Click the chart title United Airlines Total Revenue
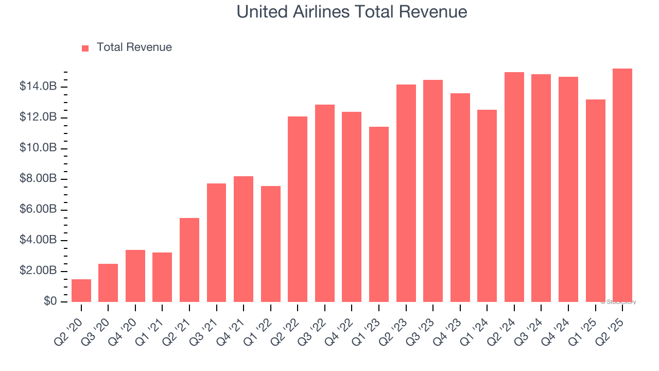(x=352, y=12)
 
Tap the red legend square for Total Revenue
(x=85, y=48)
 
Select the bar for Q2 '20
(x=81, y=291)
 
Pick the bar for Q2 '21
(x=189, y=260)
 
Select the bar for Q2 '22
(x=298, y=209)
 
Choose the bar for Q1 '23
(x=379, y=214)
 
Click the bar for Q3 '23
(x=433, y=191)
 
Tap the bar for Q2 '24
(x=514, y=187)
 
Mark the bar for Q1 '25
(x=595, y=200)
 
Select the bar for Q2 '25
(x=622, y=185)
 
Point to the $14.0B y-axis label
(x=38, y=87)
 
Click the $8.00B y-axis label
(x=38, y=179)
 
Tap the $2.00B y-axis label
(x=38, y=271)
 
